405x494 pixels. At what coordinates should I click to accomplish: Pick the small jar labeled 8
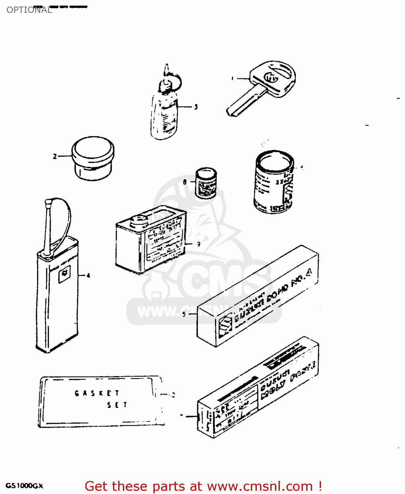[x=206, y=183]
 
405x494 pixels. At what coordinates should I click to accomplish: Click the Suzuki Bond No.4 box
[x=257, y=296]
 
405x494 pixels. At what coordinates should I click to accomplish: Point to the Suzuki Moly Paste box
[x=258, y=389]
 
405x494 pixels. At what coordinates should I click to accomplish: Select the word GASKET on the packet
[x=97, y=393]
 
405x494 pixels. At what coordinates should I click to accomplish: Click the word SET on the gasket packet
[x=117, y=405]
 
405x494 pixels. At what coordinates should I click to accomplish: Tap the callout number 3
[x=196, y=107]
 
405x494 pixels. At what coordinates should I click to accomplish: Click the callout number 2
[x=55, y=156]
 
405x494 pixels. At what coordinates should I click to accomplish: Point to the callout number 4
[x=88, y=276]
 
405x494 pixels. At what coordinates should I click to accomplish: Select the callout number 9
[x=199, y=244]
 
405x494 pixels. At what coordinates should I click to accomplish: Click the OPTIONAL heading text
[x=29, y=10]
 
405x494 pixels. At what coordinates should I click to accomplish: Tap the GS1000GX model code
[x=24, y=486]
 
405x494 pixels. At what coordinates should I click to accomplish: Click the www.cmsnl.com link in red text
[x=260, y=486]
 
